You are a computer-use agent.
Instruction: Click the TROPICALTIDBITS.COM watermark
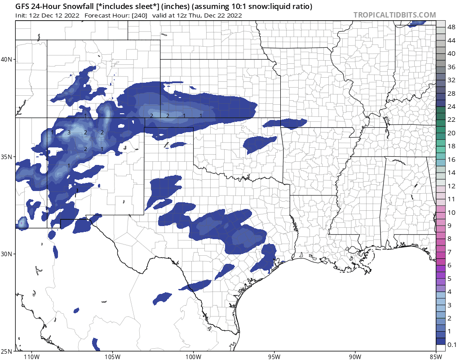[x=394, y=15]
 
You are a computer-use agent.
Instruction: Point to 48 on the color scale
[x=452, y=27]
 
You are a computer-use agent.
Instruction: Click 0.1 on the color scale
[x=452, y=345]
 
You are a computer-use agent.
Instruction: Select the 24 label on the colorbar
[x=452, y=107]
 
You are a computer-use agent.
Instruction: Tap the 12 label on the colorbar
[x=452, y=186]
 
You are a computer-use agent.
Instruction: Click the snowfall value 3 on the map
[x=69, y=133]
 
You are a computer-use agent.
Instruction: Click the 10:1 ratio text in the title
[x=244, y=7]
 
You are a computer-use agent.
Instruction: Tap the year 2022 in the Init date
[x=71, y=15]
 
